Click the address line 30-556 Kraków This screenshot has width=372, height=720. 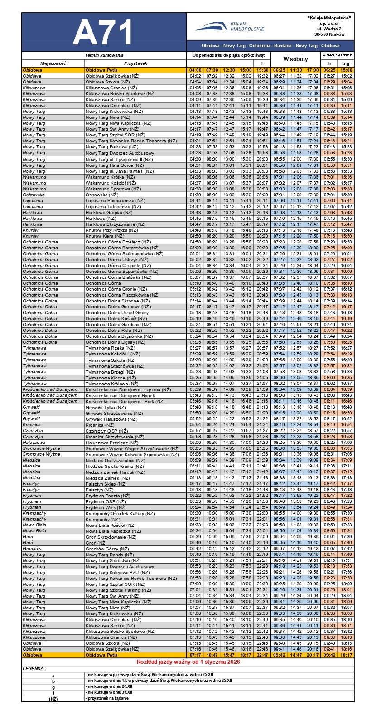pos(329,34)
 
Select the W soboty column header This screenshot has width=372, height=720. pos(295,59)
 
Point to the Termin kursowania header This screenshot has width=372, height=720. pos(104,54)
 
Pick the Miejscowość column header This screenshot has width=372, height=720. pos(53,63)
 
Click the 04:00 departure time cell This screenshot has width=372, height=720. pos(195,70)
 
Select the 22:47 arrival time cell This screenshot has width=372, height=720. pos(262,655)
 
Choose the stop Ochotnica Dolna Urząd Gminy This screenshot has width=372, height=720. pos(117,313)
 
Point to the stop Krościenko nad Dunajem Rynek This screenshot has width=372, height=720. pos(120,395)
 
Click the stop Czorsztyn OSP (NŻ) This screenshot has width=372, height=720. pos(107,431)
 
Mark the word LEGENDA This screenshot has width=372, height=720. pos(34,668)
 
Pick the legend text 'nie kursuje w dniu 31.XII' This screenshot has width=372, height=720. pos(110,692)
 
